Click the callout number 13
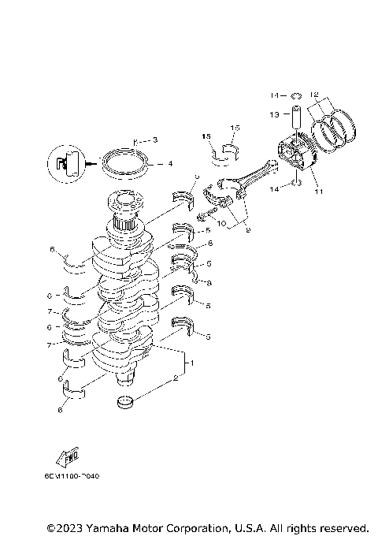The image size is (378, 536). tap(273, 114)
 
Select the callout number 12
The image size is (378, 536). tap(315, 93)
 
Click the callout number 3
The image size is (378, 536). tap(154, 140)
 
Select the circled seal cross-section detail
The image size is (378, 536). tap(66, 164)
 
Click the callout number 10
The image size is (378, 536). tap(223, 224)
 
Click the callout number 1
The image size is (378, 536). tap(188, 364)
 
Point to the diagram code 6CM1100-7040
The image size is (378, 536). tap(72, 476)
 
